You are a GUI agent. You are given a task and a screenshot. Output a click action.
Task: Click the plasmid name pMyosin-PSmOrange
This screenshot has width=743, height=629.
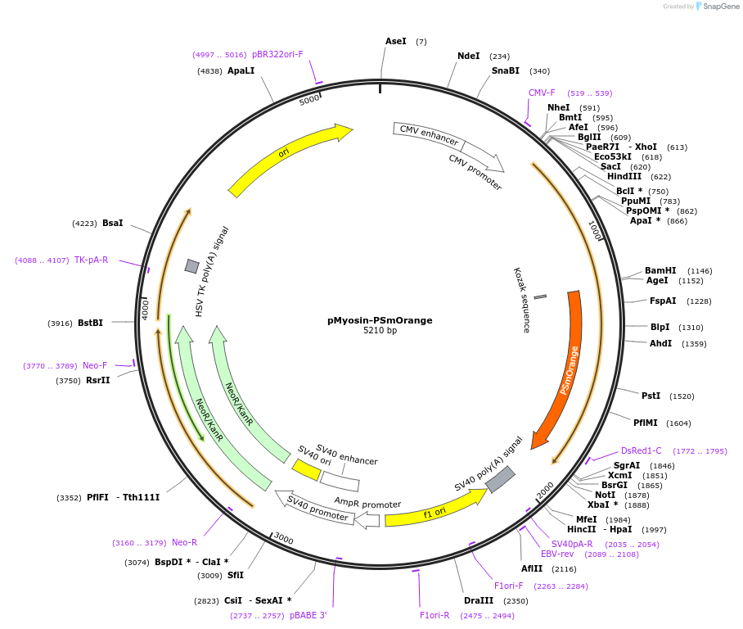[x=380, y=320]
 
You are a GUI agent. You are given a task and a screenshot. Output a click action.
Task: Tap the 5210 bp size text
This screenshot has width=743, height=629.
[x=380, y=331]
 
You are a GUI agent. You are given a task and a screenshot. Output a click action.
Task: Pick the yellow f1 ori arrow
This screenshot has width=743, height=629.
[x=434, y=513]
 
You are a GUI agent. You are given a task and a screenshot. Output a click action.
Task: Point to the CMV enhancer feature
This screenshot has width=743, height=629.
[x=429, y=135]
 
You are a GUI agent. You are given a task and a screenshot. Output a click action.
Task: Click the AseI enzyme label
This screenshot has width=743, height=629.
[x=395, y=41]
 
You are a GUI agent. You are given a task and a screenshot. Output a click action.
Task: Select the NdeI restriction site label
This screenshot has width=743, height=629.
[x=468, y=56]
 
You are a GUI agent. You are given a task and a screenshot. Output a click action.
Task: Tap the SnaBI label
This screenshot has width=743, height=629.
[x=505, y=70]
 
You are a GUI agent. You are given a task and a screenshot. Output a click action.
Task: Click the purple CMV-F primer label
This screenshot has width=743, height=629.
[x=542, y=93]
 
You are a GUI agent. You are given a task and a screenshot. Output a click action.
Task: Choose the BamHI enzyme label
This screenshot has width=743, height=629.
[x=660, y=270]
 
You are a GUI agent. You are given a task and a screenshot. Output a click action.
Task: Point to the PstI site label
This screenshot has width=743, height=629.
[x=651, y=396]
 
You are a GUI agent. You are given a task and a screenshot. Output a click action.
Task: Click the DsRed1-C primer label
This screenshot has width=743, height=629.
[x=641, y=450]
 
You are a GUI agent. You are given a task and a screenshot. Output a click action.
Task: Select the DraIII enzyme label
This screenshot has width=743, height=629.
[x=478, y=600]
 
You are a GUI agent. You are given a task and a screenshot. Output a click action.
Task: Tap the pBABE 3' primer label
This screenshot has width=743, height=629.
[x=308, y=615]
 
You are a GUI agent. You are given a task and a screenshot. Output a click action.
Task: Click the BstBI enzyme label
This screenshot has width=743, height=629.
[x=90, y=323]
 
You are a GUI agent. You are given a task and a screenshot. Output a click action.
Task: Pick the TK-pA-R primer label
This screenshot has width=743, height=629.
[x=91, y=260]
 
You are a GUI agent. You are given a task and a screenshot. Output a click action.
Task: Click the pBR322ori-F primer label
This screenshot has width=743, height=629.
[x=277, y=54]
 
